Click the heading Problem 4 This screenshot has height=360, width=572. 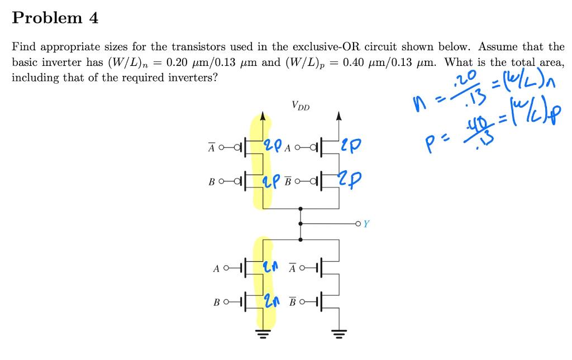coord(55,18)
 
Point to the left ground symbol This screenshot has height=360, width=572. coord(263,334)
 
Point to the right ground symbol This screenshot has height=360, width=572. coord(339,334)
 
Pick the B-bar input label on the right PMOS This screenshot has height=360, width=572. coord(288,180)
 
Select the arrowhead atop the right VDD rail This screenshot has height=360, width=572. coord(339,117)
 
